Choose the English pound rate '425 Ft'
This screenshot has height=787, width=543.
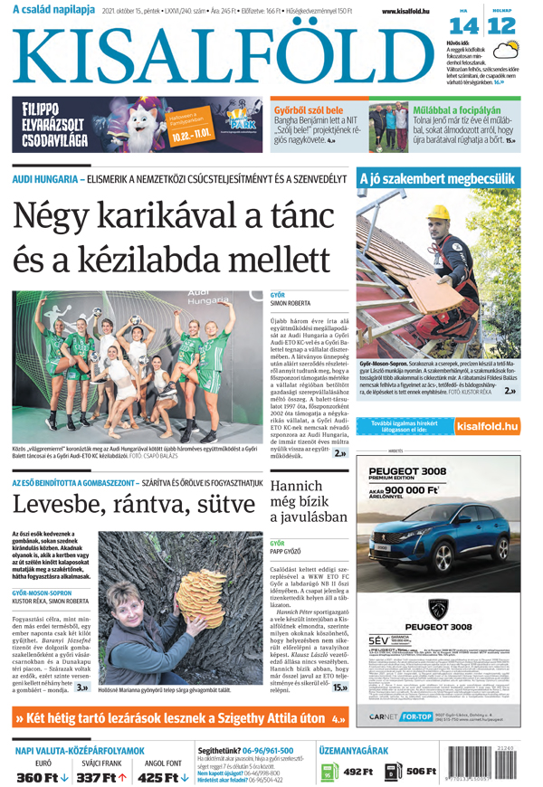pyautogui.click(x=158, y=777)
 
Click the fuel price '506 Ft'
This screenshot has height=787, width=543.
pyautogui.click(x=420, y=772)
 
